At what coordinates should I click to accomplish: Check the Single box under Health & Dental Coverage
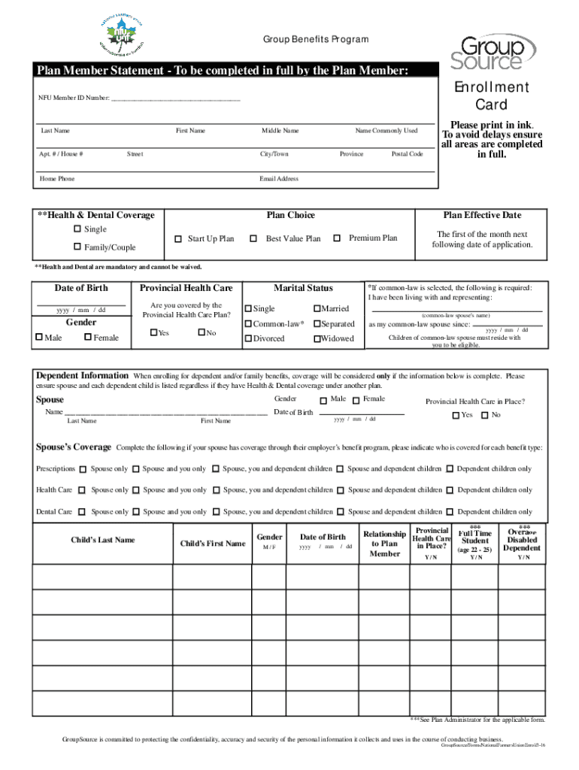[77, 229]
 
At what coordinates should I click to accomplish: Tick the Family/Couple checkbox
[77, 247]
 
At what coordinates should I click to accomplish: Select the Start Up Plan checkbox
[178, 239]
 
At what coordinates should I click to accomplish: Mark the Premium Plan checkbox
[337, 238]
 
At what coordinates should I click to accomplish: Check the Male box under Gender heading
[39, 338]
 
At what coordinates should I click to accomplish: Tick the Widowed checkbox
[317, 339]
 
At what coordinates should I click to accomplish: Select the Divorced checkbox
[248, 339]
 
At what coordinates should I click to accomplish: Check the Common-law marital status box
[248, 324]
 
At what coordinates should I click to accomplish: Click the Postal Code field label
[407, 154]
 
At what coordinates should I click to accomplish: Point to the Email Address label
[279, 179]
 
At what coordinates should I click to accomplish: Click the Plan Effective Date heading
[482, 215]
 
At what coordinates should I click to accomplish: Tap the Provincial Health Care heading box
[186, 288]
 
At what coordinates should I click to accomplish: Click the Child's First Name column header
[212, 544]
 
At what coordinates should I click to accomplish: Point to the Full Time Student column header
[475, 541]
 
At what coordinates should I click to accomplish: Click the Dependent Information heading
[83, 375]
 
